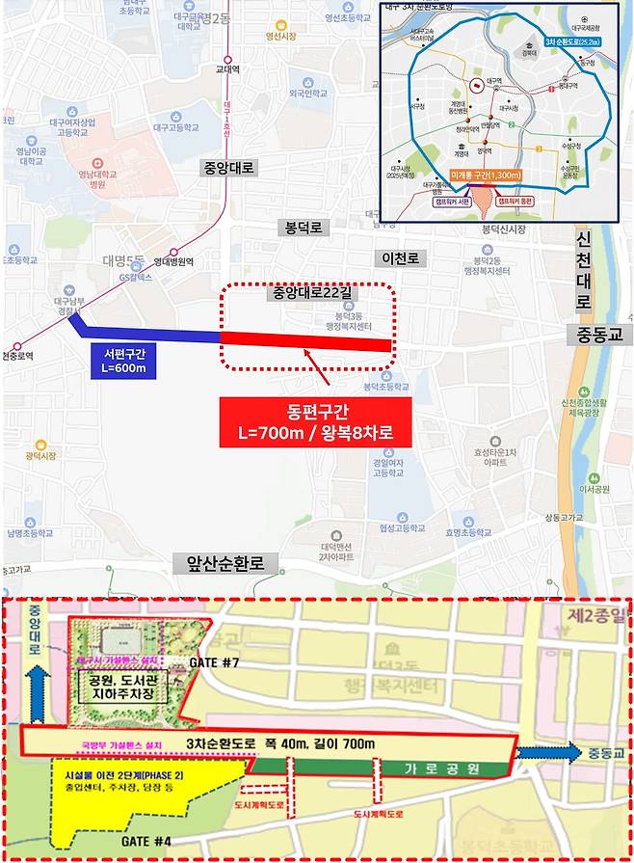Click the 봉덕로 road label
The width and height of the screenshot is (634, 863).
pos(306,228)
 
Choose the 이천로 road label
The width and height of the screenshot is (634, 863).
pos(402,258)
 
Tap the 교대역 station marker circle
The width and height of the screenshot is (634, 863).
pos(227,55)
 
